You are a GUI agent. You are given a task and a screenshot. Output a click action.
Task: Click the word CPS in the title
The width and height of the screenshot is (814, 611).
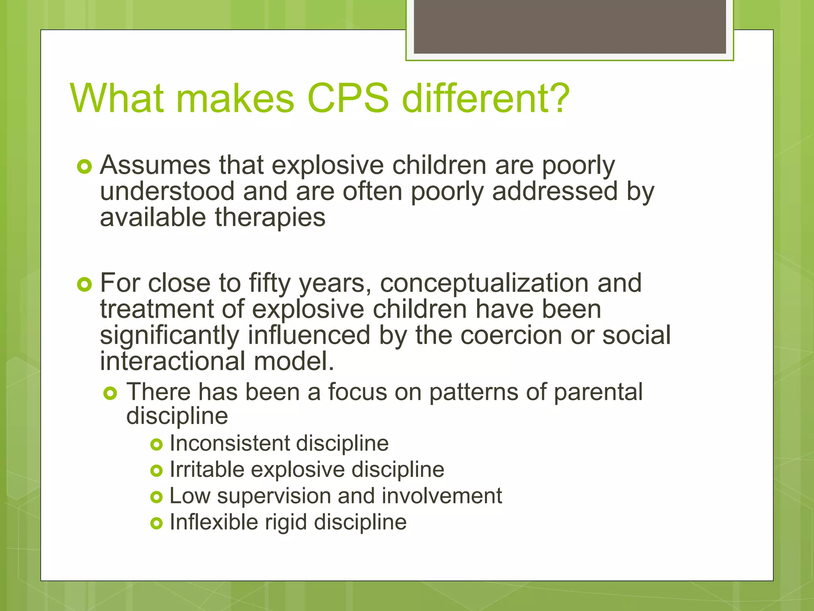coord(348,98)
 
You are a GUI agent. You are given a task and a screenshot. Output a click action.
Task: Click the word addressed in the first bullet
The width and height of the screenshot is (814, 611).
coord(555,191)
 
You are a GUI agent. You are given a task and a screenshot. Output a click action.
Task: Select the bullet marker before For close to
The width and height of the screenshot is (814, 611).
coord(85,284)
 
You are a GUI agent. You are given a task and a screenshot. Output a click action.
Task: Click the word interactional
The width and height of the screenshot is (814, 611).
coord(172,361)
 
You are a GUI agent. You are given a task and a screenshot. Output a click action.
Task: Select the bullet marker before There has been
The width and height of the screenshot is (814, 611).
coord(110,393)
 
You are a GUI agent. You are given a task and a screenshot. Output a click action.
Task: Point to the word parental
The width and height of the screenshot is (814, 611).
coord(598,392)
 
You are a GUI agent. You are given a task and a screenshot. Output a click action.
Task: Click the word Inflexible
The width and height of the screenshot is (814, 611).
coord(213,522)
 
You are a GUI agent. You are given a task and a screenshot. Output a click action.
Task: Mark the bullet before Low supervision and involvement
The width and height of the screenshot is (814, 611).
coord(157,497)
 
